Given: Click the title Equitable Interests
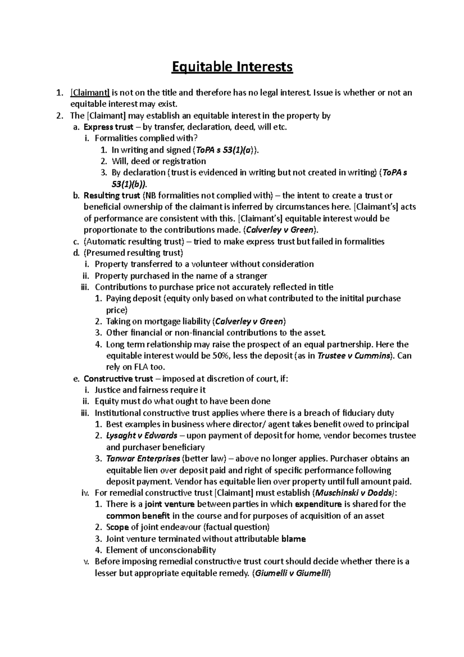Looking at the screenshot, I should (x=232, y=67).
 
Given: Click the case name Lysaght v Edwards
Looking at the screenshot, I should (x=142, y=435).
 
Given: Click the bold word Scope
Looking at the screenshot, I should (x=117, y=527).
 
